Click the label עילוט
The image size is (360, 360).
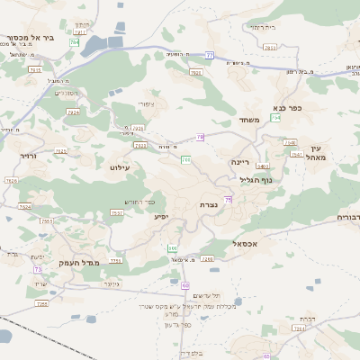119,167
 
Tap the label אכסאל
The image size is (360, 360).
245,243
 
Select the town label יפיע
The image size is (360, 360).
160,216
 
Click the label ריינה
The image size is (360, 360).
238,162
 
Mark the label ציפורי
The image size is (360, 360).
147,103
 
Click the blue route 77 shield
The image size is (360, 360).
209,55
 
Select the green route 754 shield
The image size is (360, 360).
275,118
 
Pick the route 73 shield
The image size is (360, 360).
38,269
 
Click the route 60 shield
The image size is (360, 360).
186,283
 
